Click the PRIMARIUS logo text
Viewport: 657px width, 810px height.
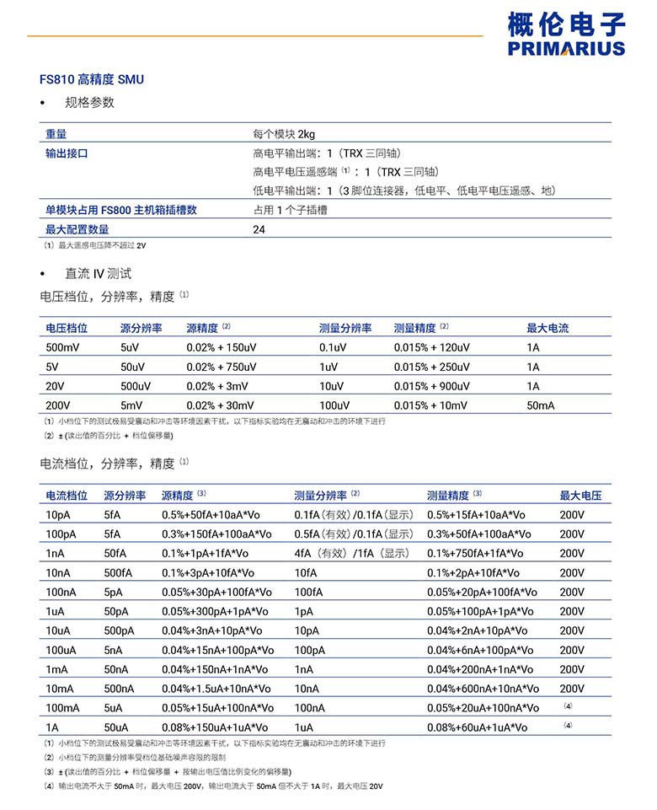click(567, 48)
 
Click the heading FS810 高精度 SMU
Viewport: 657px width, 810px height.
click(92, 79)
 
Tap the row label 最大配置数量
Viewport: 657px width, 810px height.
click(77, 229)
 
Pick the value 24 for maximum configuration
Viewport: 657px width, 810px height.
click(259, 229)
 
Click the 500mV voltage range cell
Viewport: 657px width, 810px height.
click(63, 347)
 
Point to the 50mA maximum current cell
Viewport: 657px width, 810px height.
click(541, 405)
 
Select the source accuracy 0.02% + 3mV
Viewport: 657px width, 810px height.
click(217, 386)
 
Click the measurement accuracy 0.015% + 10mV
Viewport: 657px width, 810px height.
click(430, 405)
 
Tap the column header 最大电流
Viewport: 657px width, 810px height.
click(547, 328)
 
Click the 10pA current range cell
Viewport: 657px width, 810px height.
click(58, 515)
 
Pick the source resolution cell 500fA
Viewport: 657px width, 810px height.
click(118, 573)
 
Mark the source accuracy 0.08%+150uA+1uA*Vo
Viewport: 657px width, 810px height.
click(215, 727)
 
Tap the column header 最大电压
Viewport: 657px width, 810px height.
click(580, 496)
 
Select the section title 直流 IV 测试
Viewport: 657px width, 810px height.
click(99, 273)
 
